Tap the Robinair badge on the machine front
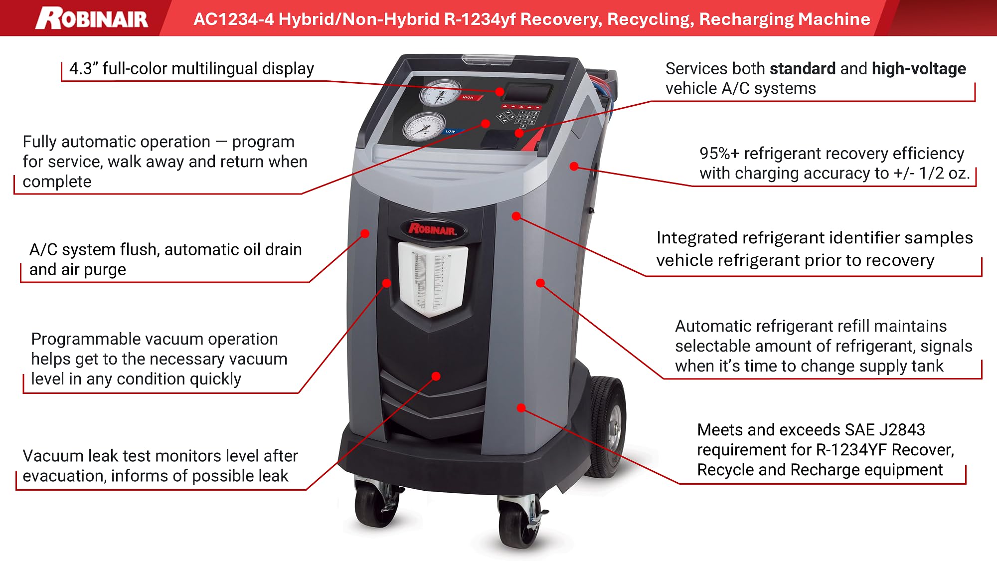click(433, 229)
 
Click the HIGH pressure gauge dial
click(440, 93)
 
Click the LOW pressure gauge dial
click(424, 126)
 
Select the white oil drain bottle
click(432, 279)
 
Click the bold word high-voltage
click(919, 68)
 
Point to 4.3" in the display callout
click(83, 68)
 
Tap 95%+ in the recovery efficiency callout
click(719, 154)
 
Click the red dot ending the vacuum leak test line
click(436, 376)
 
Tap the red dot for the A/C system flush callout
click(365, 233)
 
